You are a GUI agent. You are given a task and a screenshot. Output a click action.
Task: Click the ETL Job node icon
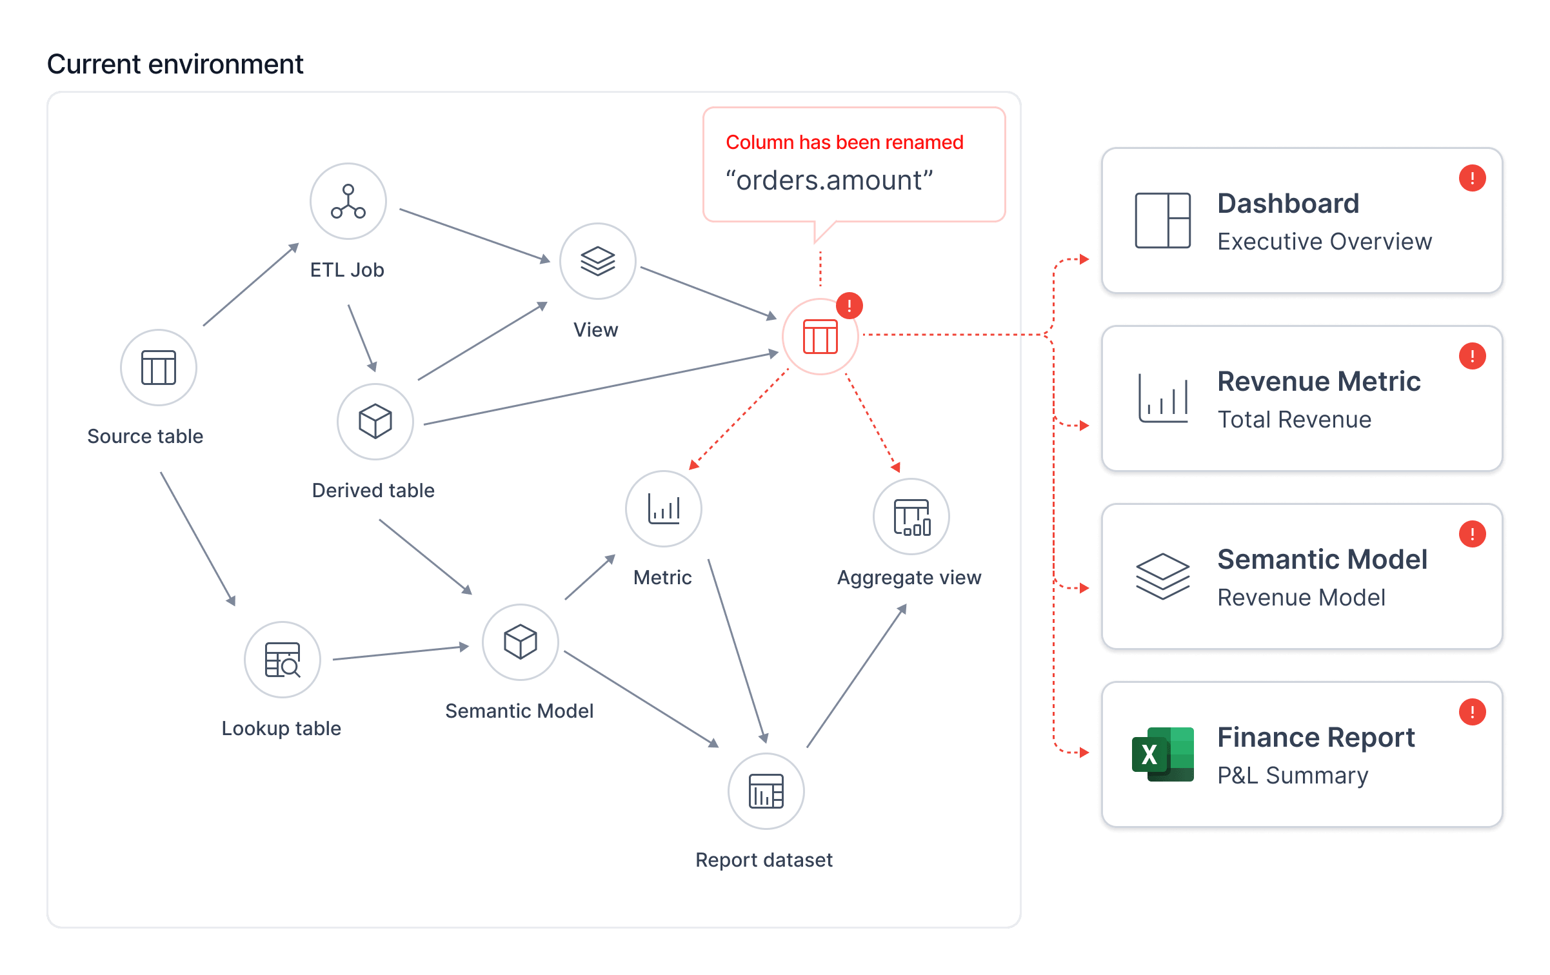click(x=348, y=201)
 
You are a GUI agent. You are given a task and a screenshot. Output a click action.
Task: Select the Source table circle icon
click(x=159, y=368)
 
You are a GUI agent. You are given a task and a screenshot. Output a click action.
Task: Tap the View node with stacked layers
click(x=598, y=261)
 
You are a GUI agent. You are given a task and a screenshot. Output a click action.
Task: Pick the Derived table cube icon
click(x=375, y=422)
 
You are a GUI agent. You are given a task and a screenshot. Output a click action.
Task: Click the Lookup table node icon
click(x=283, y=660)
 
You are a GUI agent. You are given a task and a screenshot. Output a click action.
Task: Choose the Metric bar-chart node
click(x=664, y=509)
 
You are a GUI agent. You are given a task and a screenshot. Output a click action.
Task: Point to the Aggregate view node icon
click(x=911, y=517)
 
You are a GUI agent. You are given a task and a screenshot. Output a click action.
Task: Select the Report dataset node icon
click(x=766, y=791)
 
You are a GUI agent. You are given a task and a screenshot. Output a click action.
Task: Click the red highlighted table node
click(x=820, y=337)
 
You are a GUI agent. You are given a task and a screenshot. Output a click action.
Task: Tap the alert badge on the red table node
click(x=850, y=306)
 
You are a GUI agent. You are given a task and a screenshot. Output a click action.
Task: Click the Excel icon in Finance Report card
click(x=1163, y=754)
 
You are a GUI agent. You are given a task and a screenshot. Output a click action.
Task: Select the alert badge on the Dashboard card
click(x=1473, y=178)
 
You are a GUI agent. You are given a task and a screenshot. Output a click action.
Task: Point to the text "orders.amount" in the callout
click(x=830, y=181)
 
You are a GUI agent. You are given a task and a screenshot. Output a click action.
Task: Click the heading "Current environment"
click(x=175, y=64)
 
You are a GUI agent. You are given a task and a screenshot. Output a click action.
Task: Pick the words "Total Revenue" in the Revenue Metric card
click(x=1295, y=419)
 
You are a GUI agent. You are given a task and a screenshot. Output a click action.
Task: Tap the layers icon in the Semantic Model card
click(x=1163, y=576)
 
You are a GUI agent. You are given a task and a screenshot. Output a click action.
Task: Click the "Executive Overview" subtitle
click(x=1325, y=241)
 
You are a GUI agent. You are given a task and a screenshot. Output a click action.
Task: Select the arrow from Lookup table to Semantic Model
click(x=401, y=653)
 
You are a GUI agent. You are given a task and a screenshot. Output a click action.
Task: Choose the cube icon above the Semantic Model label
click(x=521, y=642)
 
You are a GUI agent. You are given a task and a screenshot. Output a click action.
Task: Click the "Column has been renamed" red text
click(x=845, y=142)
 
